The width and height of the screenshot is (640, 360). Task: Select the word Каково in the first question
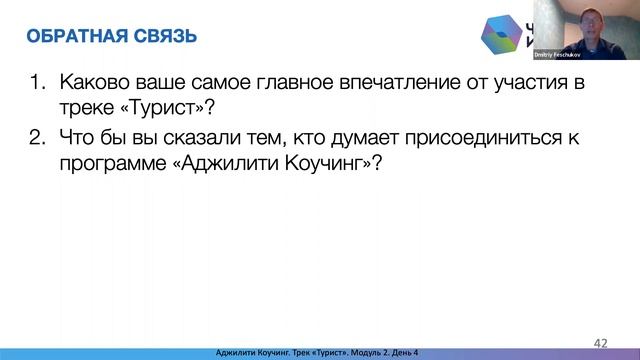pyautogui.click(x=93, y=83)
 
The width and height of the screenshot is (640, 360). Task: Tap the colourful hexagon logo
pyautogui.click(x=497, y=37)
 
